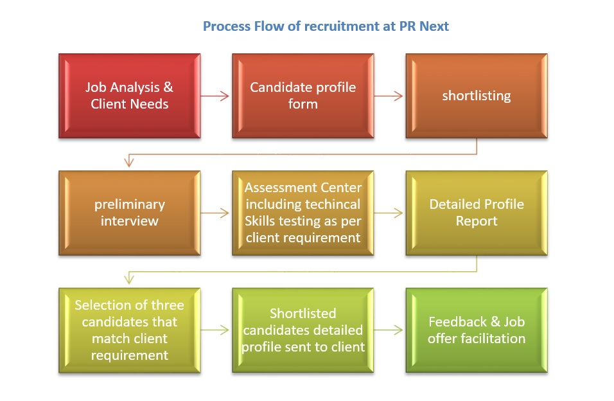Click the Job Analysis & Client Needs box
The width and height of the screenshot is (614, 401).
pos(129,96)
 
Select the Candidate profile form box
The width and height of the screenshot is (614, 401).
pos(303,96)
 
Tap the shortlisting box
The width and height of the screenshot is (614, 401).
pos(477,96)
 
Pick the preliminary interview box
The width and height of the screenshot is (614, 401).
pos(129,213)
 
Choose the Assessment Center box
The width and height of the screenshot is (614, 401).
pos(303,213)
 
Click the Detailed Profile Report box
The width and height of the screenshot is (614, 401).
pos(477,213)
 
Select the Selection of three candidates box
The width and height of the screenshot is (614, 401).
pos(129,330)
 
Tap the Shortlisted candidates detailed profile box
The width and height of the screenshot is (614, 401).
pos(303,330)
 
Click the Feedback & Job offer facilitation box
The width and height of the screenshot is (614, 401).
pos(477,330)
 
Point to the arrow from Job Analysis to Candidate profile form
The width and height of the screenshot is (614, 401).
pos(215,96)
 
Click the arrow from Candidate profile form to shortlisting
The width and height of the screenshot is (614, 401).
pos(389,96)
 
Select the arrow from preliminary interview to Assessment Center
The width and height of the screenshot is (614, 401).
pos(215,213)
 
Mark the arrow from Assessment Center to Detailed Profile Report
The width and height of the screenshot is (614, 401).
pos(389,213)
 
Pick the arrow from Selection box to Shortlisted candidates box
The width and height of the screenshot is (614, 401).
pos(215,330)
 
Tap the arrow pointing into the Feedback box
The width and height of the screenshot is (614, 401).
pos(389,330)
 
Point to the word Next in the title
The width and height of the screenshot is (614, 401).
pos(434,27)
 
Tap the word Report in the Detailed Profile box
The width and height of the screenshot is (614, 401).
pos(477,221)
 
